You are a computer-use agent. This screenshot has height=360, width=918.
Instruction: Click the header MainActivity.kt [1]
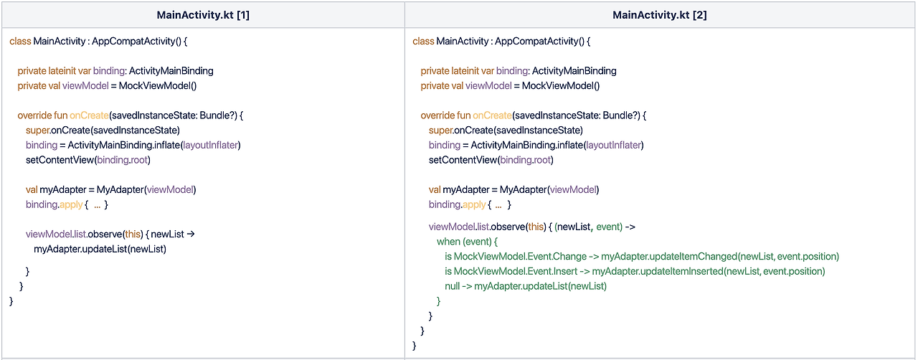[202, 15]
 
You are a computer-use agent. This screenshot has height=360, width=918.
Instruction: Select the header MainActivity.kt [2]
[659, 15]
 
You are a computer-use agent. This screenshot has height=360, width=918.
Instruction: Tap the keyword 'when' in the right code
[448, 242]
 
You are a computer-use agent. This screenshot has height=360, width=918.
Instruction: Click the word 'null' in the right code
[453, 286]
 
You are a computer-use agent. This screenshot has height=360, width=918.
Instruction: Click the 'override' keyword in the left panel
[34, 115]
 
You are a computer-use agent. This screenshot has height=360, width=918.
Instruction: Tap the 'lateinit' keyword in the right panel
[471, 71]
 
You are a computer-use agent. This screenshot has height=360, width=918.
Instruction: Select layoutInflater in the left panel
[210, 145]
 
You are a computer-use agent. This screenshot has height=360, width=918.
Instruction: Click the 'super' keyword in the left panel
[37, 130]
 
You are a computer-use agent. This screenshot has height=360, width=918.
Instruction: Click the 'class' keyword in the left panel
[20, 41]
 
